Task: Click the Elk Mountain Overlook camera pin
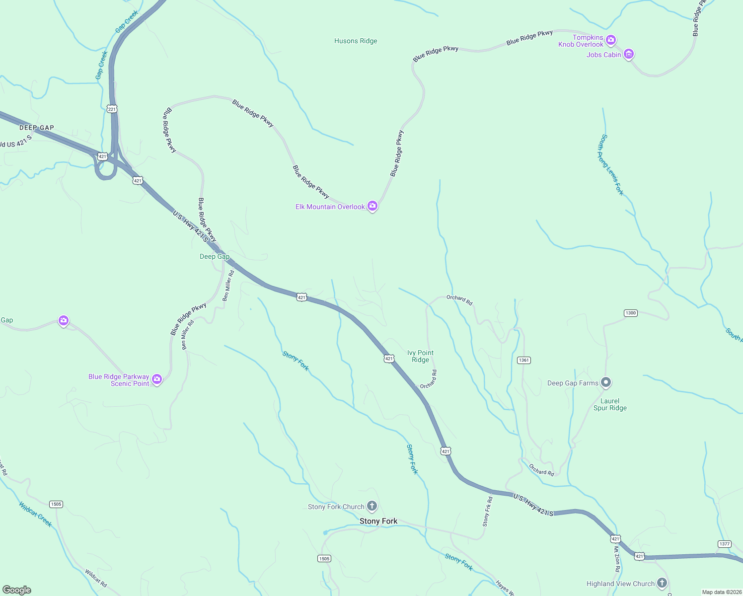point(372,206)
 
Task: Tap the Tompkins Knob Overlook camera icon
point(611,40)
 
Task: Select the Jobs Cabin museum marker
point(629,54)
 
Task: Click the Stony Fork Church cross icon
point(372,506)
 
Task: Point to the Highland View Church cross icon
point(662,583)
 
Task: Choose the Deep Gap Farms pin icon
point(605,382)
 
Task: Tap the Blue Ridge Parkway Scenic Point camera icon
point(157,380)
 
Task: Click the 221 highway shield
point(112,109)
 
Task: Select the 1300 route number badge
point(630,313)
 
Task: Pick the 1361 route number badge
point(524,360)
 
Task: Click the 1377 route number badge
point(725,544)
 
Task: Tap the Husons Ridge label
point(356,41)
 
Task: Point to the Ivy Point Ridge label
point(420,356)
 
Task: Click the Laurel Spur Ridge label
point(610,404)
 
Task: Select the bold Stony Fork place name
point(378,521)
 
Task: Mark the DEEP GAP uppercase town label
point(37,128)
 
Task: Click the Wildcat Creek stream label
point(35,514)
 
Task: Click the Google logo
point(17,590)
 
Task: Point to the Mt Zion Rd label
point(617,559)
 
